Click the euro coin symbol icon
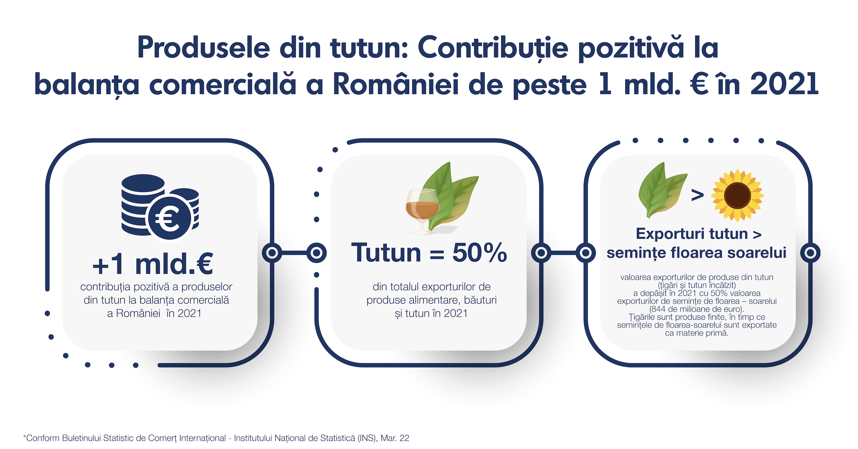pyautogui.click(x=170, y=218)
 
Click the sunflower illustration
pyautogui.click(x=737, y=195)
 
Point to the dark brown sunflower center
pyautogui.click(x=737, y=195)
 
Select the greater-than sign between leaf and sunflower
pyautogui.click(x=697, y=195)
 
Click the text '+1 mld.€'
pyautogui.click(x=153, y=264)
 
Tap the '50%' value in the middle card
pyautogui.click(x=479, y=252)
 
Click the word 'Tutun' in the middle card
pyautogui.click(x=386, y=252)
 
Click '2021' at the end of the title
pyautogui.click(x=784, y=84)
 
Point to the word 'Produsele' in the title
pyautogui.click(x=204, y=48)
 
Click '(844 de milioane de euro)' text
pyautogui.click(x=697, y=309)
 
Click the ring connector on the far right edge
pyautogui.click(x=810, y=253)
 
